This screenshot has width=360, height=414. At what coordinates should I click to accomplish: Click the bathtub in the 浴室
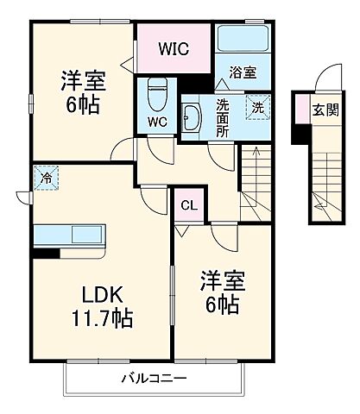click(x=241, y=40)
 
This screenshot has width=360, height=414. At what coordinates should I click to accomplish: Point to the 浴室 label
click(x=242, y=74)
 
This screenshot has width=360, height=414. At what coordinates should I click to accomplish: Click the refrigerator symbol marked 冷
click(x=44, y=179)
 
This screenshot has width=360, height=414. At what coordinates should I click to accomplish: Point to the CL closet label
click(x=187, y=205)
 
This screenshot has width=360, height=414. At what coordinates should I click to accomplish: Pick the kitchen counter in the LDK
click(x=70, y=235)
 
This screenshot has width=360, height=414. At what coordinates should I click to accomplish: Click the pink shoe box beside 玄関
click(x=301, y=109)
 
